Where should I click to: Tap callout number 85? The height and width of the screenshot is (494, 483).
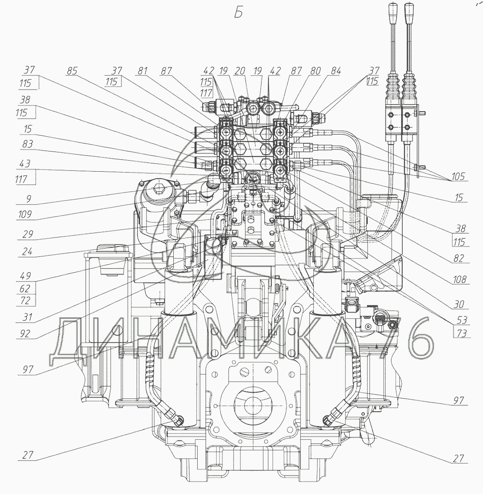tap(72, 71)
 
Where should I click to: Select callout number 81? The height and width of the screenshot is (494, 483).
tap(142, 71)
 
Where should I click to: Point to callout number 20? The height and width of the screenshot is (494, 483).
tap(240, 71)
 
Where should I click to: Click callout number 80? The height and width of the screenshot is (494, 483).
tap(315, 71)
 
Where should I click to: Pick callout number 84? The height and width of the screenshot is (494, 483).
tap(335, 71)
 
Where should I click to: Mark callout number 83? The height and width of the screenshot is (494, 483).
tap(28, 144)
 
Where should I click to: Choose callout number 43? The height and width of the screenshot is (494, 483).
tap(25, 163)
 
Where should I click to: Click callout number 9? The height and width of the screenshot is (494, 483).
tap(29, 199)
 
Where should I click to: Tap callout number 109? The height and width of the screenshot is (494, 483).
tap(25, 214)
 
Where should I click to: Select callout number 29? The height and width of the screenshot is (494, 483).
tap(28, 234)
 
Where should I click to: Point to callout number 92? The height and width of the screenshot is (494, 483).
tap(25, 333)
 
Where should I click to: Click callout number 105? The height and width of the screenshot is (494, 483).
tap(458, 176)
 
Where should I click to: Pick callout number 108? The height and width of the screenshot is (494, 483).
tap(460, 280)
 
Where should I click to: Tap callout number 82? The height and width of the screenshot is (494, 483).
tap(459, 258)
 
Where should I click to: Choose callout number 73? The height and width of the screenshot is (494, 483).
tap(462, 333)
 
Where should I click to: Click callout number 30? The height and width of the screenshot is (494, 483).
tap(459, 304)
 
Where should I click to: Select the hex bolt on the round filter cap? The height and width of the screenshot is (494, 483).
tap(158, 189)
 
